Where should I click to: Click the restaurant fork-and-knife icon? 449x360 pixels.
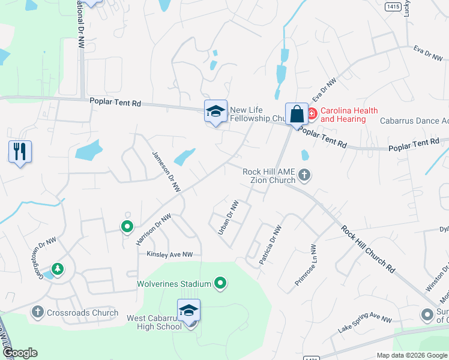point(20,152)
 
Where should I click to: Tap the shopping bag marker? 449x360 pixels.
point(297,113)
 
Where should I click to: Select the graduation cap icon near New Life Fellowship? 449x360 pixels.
point(215,111)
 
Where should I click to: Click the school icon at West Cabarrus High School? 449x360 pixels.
point(188,311)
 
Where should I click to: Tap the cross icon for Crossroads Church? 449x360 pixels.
point(38,311)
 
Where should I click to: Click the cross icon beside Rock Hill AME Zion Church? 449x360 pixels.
point(304,175)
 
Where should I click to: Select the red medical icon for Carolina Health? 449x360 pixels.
point(312,112)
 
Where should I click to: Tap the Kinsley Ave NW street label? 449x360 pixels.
point(170,254)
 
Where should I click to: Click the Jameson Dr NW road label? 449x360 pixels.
point(166,172)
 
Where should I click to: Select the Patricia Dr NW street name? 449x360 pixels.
point(270,245)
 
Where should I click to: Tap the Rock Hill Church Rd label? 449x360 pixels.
point(369,249)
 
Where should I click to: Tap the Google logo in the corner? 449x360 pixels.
point(20,352)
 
